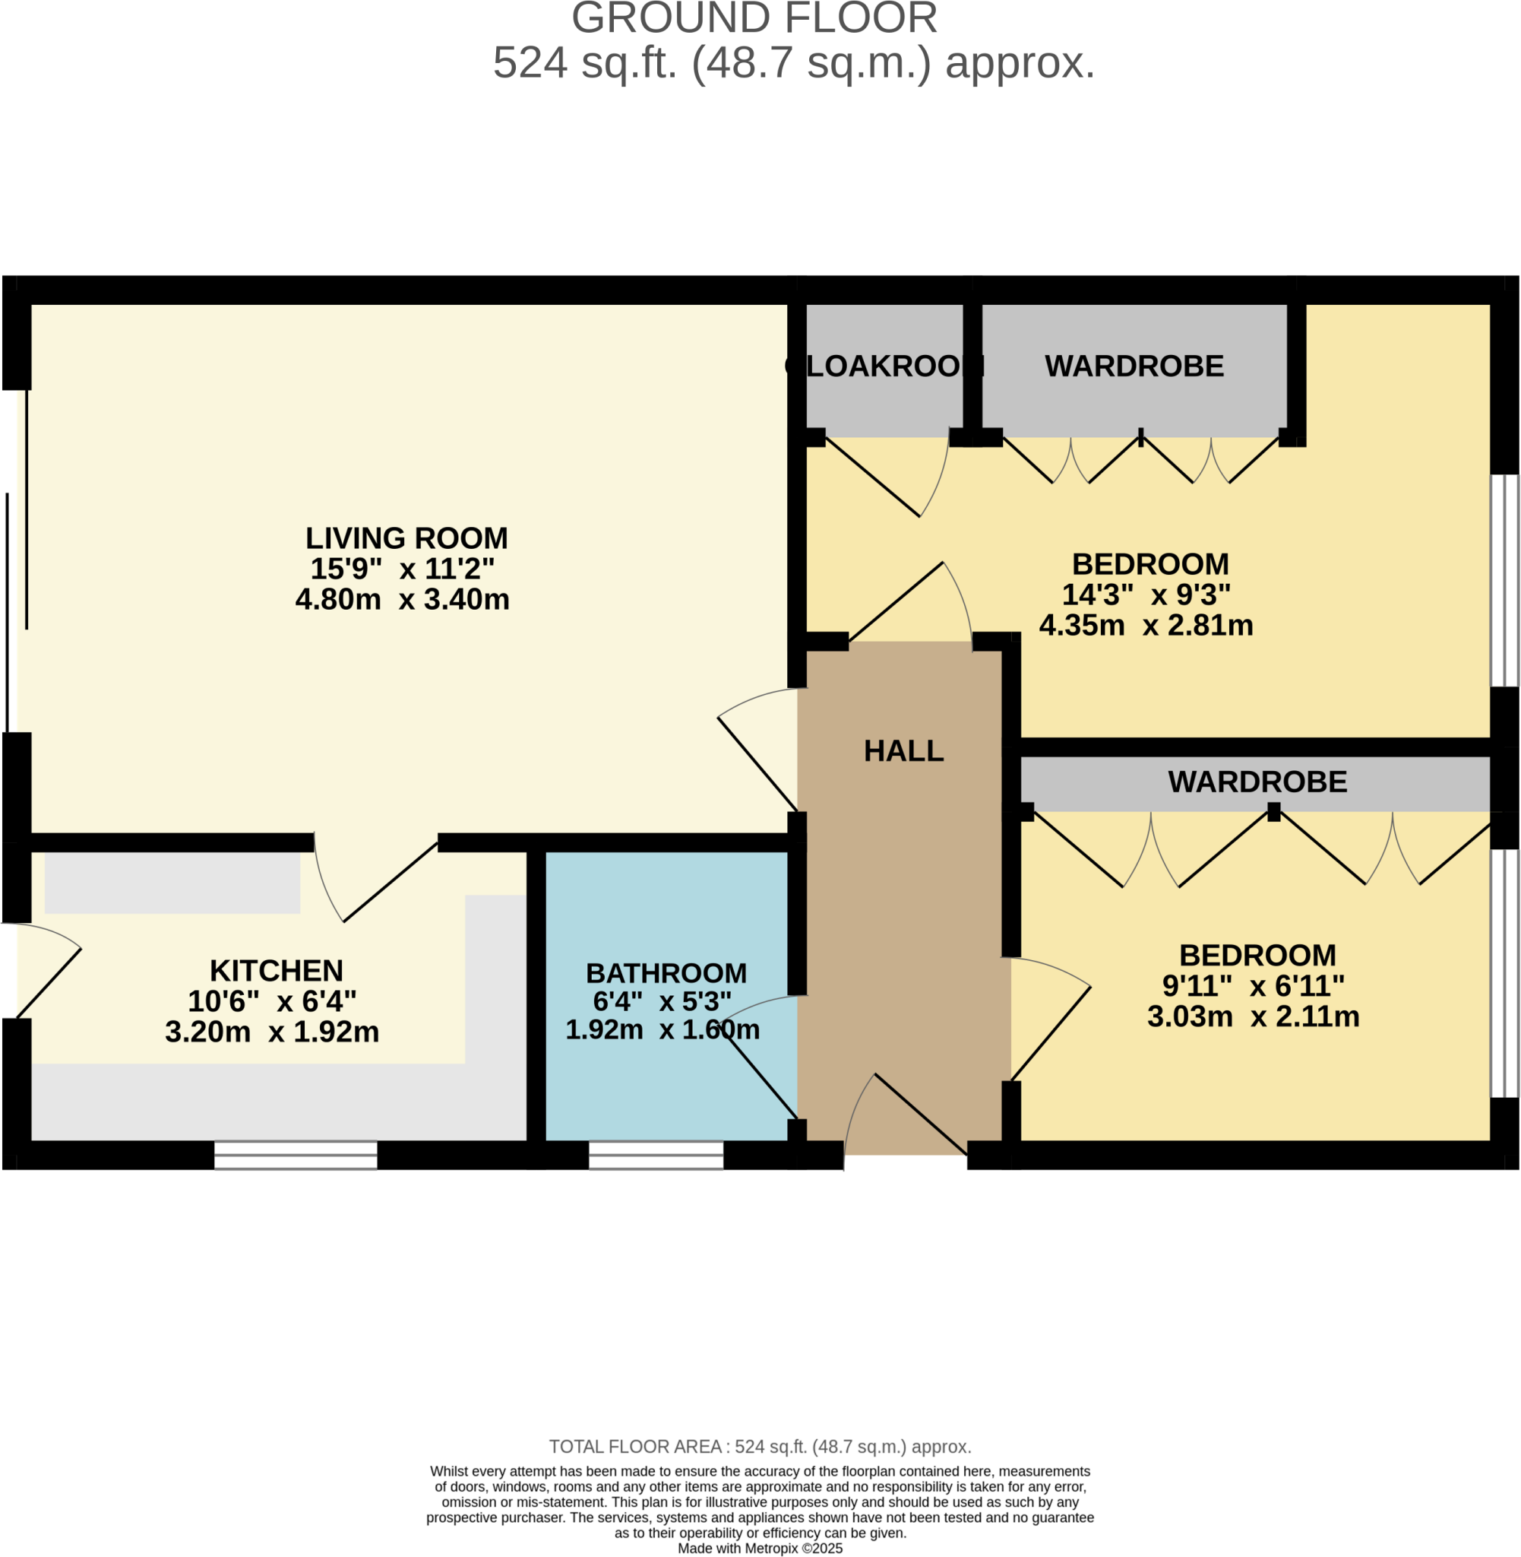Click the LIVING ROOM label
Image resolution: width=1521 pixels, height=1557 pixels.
coord(406,539)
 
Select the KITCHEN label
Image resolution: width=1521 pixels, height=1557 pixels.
coord(277,971)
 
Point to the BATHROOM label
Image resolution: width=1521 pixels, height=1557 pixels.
coord(666,974)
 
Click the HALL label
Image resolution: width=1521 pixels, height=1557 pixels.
coord(903,751)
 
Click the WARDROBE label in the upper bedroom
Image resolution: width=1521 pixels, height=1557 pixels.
coord(1134,366)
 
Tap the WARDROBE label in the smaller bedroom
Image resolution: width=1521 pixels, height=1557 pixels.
coord(1257,782)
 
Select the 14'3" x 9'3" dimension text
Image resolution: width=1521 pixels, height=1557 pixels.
coord(1146,595)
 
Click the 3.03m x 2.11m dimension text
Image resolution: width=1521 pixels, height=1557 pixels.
coord(1253,1016)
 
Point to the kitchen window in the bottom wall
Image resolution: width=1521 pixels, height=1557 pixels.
coord(296,1155)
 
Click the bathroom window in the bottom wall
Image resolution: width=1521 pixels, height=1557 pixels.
coord(656,1155)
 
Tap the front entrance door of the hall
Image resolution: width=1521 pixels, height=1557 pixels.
coord(906,1119)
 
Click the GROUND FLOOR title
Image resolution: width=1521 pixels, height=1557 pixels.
coord(754,19)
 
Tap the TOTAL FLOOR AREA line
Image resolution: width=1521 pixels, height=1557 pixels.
coord(760,1447)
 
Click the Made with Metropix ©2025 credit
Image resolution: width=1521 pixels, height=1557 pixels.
coord(760,1548)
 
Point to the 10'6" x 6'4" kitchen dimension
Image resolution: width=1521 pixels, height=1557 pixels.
coord(272,1001)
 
